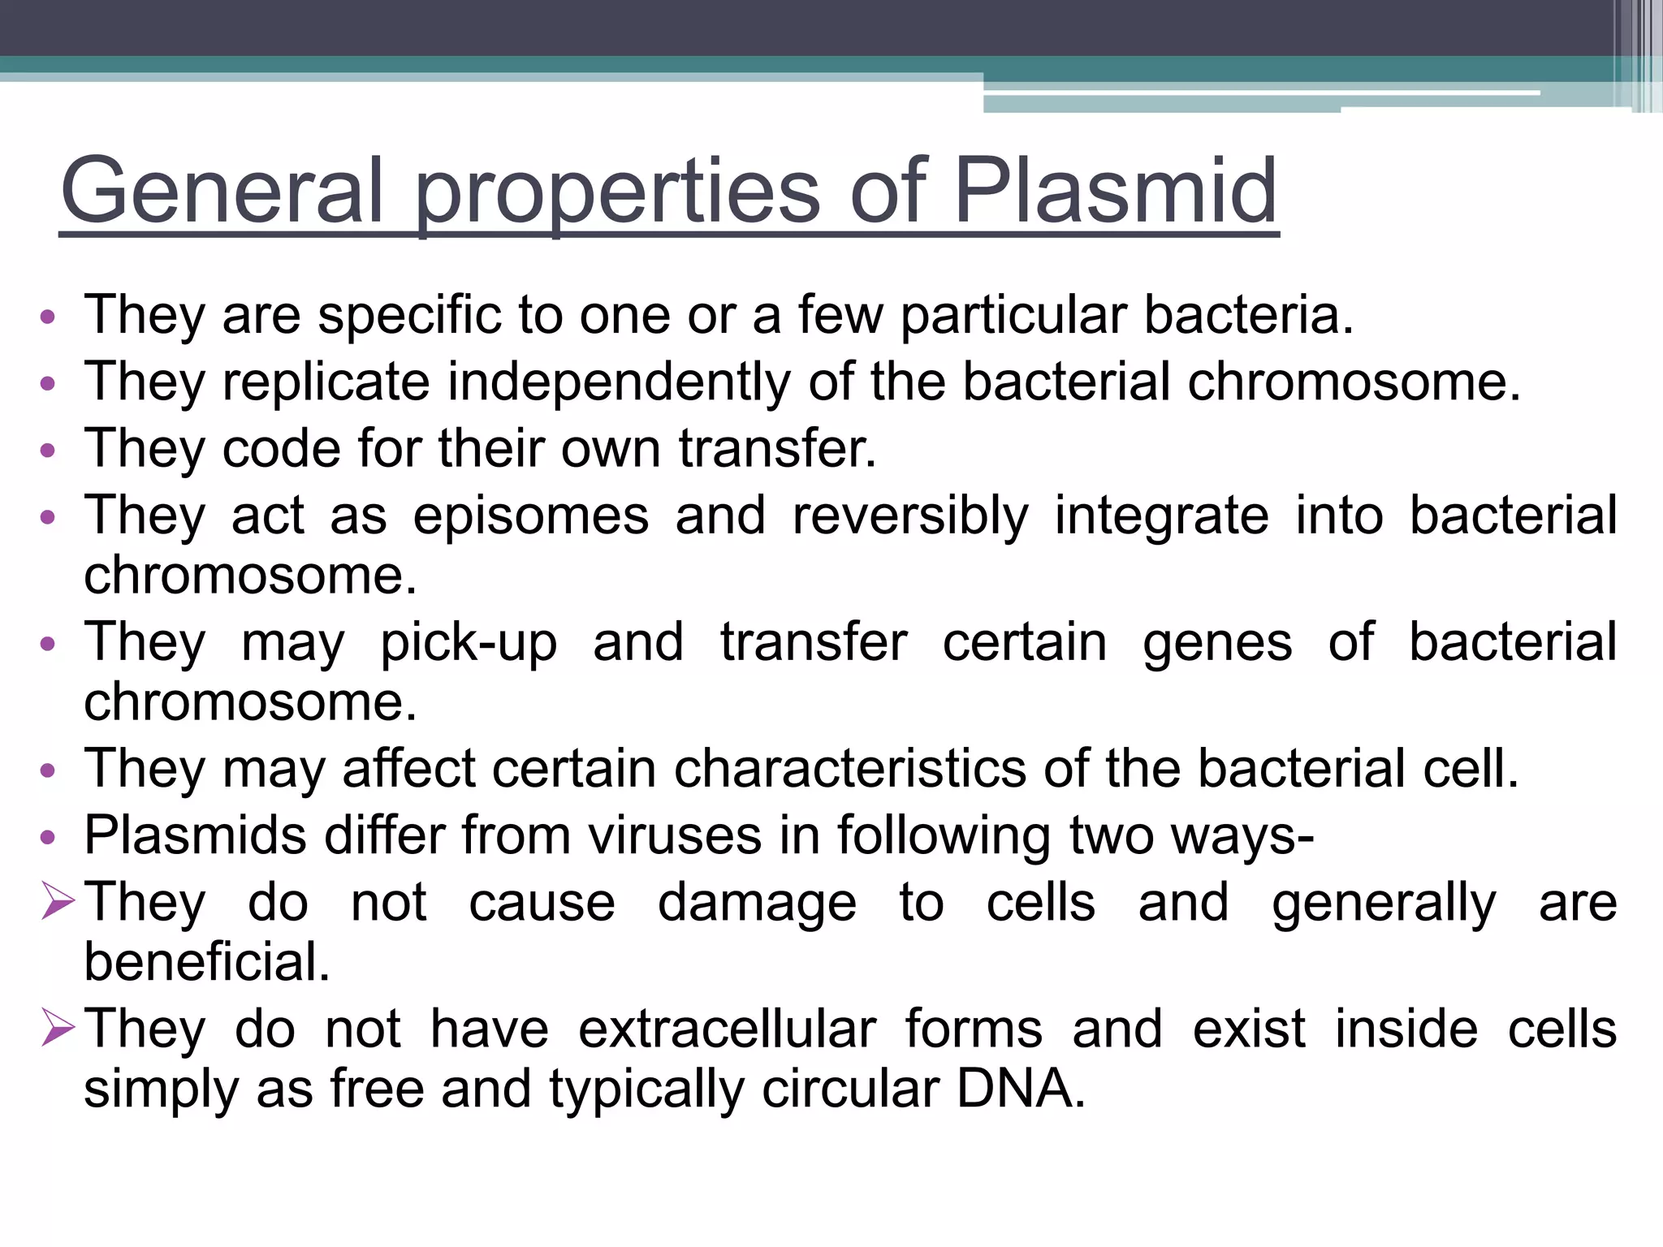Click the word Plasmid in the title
[x=1114, y=192]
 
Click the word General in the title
[x=221, y=192]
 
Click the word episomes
[x=531, y=516]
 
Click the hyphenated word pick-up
[x=469, y=643]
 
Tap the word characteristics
[x=850, y=769]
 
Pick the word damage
[x=757, y=904]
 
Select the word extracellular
[x=727, y=1029]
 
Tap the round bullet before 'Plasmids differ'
[x=48, y=837]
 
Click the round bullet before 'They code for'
[x=48, y=450]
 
